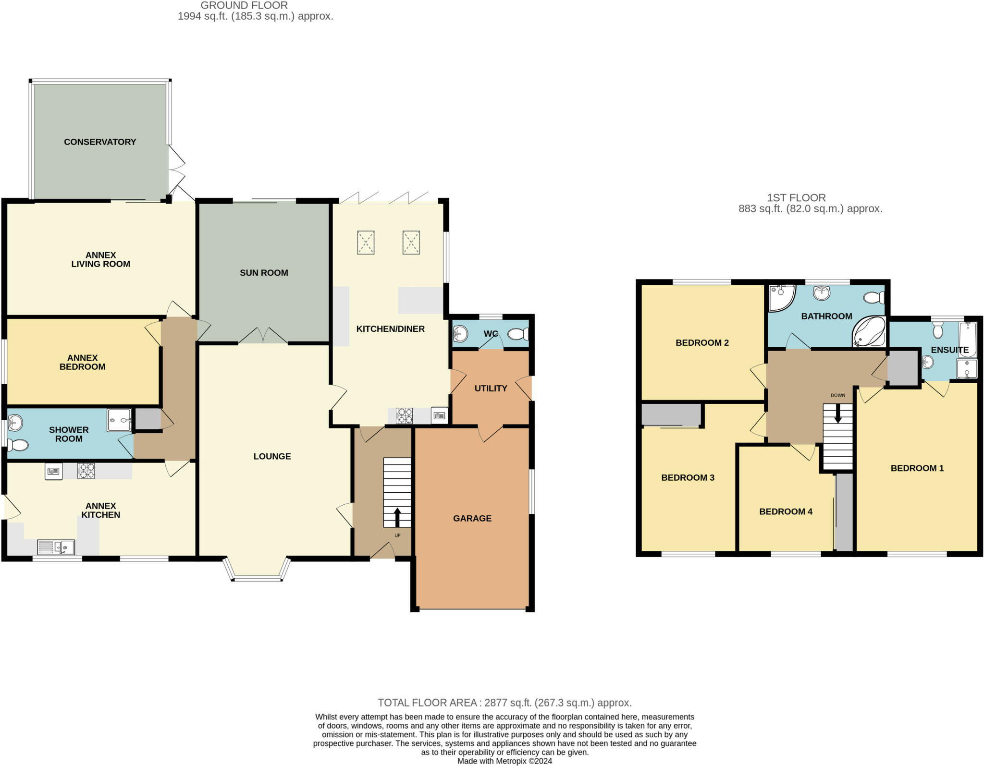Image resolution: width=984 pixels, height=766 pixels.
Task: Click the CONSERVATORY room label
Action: tap(100, 142)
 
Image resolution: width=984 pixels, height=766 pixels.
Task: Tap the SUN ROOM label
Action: tap(264, 273)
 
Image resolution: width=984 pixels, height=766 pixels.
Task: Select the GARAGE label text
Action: tap(472, 518)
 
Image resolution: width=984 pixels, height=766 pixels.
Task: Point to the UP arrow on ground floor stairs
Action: tap(397, 518)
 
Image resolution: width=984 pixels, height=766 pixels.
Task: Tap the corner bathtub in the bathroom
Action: tap(869, 331)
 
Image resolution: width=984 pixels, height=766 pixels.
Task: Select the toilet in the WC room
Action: tap(519, 334)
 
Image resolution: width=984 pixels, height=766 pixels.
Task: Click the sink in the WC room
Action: tap(460, 333)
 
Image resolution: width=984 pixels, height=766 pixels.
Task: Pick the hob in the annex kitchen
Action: tap(86, 470)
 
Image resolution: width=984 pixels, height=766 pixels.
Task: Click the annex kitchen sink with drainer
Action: tap(56, 547)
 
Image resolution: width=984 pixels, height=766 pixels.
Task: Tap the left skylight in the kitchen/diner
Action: tap(366, 242)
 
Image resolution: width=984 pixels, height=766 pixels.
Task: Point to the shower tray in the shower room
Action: tap(119, 420)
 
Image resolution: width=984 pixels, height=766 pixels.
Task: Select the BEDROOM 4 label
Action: tap(786, 511)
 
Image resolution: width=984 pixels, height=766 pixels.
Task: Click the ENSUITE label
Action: tap(949, 350)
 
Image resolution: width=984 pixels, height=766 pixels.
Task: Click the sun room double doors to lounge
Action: tap(263, 336)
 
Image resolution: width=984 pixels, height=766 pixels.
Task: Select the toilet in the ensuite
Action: tap(937, 330)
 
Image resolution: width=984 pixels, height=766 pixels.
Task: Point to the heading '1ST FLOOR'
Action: tap(796, 197)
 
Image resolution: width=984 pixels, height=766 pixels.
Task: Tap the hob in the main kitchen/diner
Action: tap(404, 415)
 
